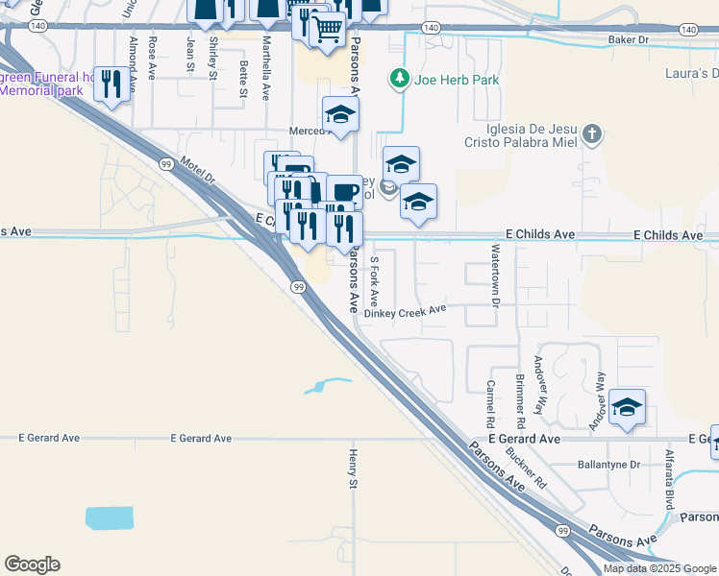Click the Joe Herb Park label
pos(457,80)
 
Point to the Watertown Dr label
pos(496,276)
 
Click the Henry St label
pos(354,468)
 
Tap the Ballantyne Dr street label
pos(608,465)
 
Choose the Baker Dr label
pos(629,40)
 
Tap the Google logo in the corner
pos(32,564)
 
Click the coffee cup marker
pos(344,191)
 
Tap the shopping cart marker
pos(328,31)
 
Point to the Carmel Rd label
pos(490,404)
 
